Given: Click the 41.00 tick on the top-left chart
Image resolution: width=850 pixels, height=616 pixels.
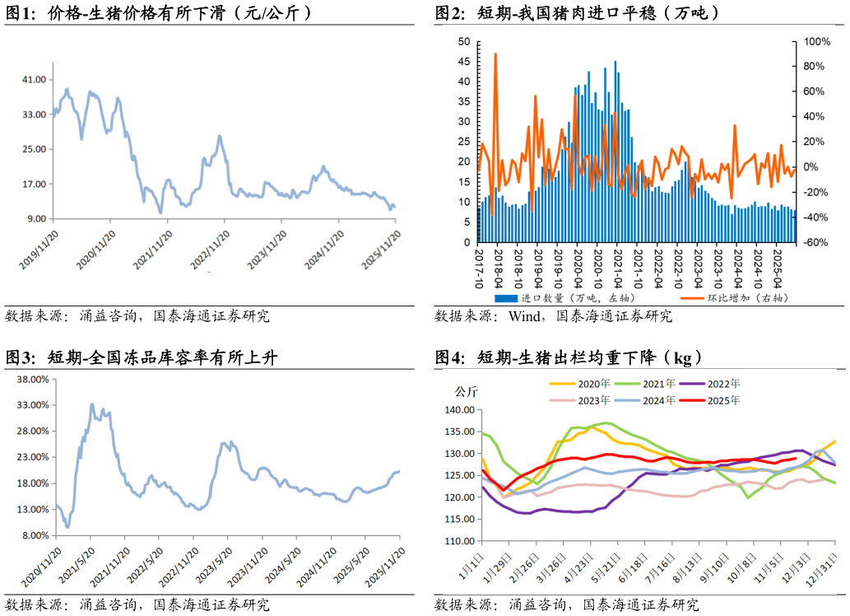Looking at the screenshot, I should point(34,80).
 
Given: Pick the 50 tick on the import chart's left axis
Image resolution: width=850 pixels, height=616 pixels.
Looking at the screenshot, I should point(463,41).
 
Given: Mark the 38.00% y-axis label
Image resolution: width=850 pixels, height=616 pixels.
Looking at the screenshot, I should point(32,380).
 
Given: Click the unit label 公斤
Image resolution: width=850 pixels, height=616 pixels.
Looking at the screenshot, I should point(467,392).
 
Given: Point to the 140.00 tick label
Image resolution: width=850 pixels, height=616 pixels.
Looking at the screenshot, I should point(459,410).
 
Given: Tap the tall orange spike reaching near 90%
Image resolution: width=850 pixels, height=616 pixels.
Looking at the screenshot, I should point(495,54).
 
